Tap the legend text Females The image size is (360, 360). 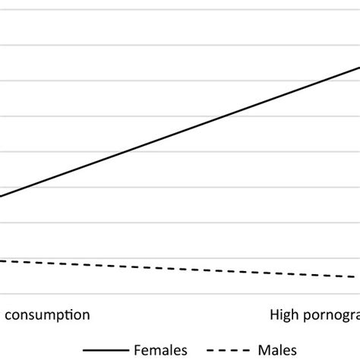tap(161, 349)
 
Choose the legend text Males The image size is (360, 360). tap(275, 349)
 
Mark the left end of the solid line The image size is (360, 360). tap(2, 197)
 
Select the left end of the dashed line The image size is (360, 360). tap(2, 261)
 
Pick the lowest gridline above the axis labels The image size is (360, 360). tap(180, 294)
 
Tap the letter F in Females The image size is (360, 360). tap(138, 349)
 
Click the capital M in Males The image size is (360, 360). tap(261, 349)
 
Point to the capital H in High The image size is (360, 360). tap(274, 314)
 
